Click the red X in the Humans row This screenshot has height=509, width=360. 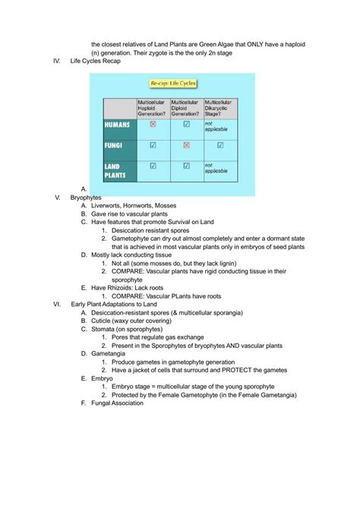(x=153, y=124)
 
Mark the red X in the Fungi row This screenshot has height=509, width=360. (x=186, y=144)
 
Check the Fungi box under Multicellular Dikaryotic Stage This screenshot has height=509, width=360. (x=220, y=144)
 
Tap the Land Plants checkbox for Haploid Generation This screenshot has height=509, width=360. (x=153, y=165)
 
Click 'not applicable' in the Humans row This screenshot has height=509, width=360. (x=215, y=125)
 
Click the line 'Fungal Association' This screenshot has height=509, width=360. (x=117, y=403)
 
